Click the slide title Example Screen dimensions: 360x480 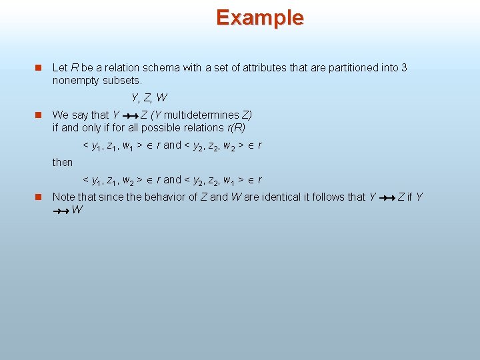(x=259, y=17)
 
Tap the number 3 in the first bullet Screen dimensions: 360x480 (x=404, y=68)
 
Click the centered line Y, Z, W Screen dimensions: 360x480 (x=149, y=98)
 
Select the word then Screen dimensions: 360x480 (x=63, y=162)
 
